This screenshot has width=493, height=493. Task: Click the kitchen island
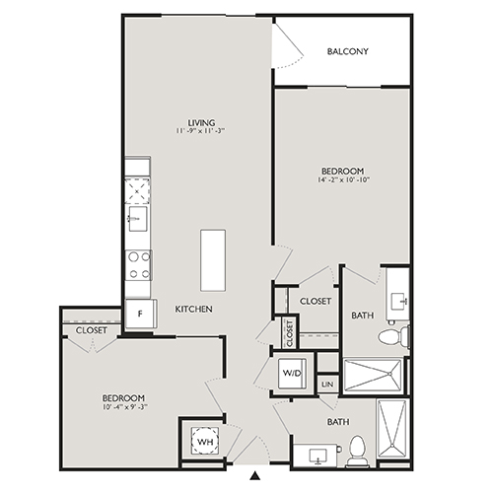click(x=212, y=259)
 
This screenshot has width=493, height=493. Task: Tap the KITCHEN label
click(x=194, y=310)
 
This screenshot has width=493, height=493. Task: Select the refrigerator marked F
click(x=139, y=314)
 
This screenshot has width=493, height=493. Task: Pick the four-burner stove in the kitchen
click(x=138, y=263)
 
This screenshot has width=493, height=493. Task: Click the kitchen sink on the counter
click(x=137, y=216)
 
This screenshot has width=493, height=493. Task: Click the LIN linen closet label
click(x=327, y=383)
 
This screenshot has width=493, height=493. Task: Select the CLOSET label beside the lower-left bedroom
click(x=91, y=330)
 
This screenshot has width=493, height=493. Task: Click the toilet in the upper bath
click(x=391, y=337)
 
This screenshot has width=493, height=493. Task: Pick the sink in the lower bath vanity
click(x=317, y=456)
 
